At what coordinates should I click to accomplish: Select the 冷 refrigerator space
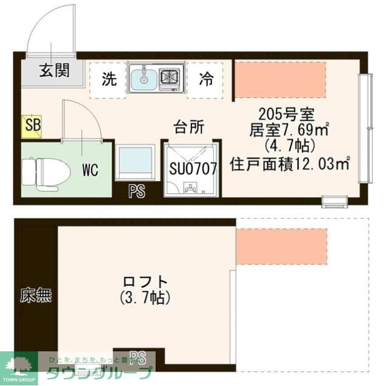click(206, 79)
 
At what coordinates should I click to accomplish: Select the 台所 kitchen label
click(189, 127)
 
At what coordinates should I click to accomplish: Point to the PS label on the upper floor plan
click(137, 193)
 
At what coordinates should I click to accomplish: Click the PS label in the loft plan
click(138, 357)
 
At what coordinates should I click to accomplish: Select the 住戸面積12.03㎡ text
click(290, 164)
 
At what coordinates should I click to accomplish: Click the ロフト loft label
click(145, 282)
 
